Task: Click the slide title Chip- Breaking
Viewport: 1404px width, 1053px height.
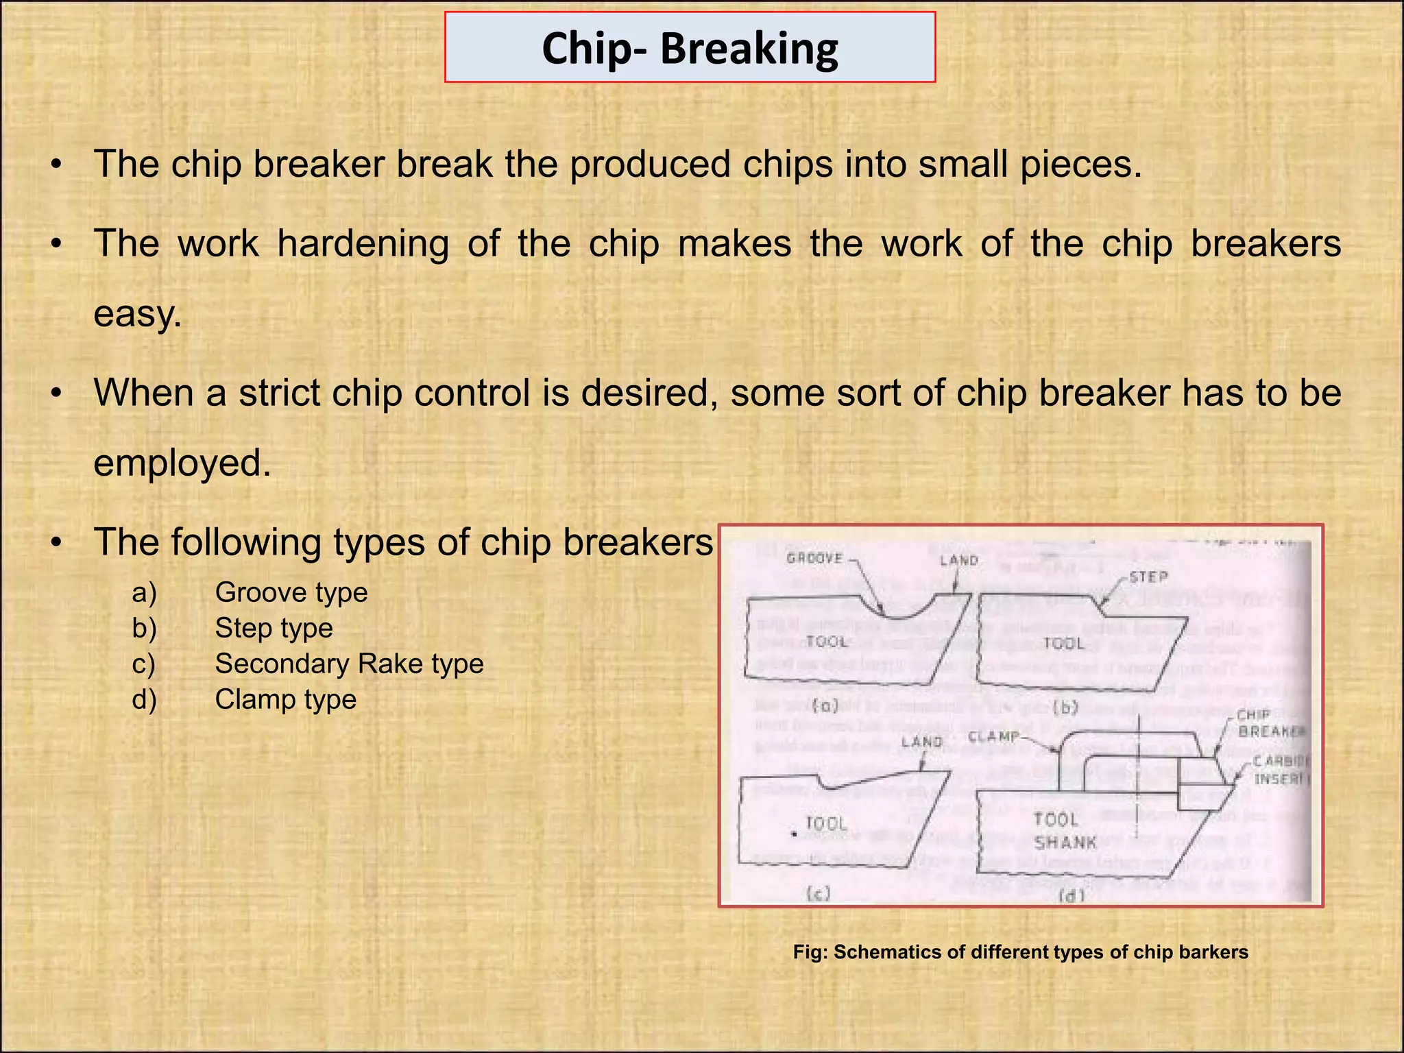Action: click(x=690, y=48)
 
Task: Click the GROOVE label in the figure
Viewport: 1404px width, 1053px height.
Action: click(x=814, y=558)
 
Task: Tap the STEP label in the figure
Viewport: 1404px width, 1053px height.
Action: click(x=1148, y=577)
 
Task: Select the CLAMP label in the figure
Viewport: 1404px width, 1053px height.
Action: click(x=994, y=736)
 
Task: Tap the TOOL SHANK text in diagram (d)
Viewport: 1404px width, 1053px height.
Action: click(x=1065, y=830)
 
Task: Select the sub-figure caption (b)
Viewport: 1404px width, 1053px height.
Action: click(x=1065, y=706)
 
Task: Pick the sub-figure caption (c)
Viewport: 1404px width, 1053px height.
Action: click(x=818, y=893)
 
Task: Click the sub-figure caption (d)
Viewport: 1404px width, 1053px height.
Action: click(x=1072, y=895)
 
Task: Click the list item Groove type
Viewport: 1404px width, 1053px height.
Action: click(x=291, y=592)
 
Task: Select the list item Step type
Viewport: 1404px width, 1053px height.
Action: click(x=274, y=628)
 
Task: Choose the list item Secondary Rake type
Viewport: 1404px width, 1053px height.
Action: click(x=349, y=664)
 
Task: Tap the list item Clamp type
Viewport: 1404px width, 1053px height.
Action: click(x=285, y=699)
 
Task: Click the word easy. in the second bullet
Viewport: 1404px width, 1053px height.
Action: click(x=138, y=314)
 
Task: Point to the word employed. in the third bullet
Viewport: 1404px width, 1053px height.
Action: click(x=182, y=463)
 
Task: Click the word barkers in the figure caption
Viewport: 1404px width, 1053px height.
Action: click(x=1213, y=952)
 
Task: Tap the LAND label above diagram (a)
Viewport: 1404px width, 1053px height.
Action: click(x=958, y=560)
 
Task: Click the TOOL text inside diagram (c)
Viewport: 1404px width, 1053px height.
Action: click(x=826, y=823)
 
